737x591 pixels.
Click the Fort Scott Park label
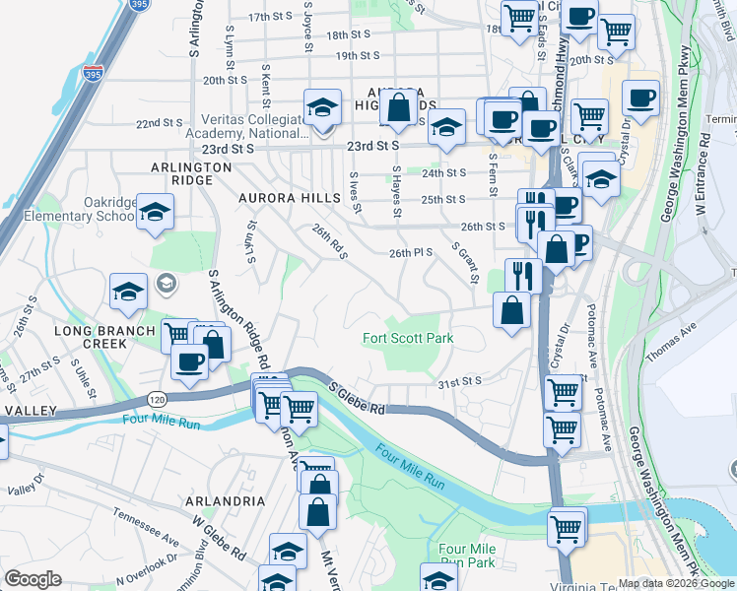(x=408, y=338)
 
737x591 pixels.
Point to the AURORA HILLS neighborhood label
(x=289, y=198)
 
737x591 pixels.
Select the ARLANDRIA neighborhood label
(x=226, y=501)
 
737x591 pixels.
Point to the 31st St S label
(x=459, y=380)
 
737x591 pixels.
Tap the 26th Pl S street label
(x=411, y=253)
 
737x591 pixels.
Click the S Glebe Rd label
(x=356, y=400)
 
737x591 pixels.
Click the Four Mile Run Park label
(x=466, y=556)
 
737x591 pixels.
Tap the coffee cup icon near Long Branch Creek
(x=189, y=361)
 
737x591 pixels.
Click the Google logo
(x=33, y=579)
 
